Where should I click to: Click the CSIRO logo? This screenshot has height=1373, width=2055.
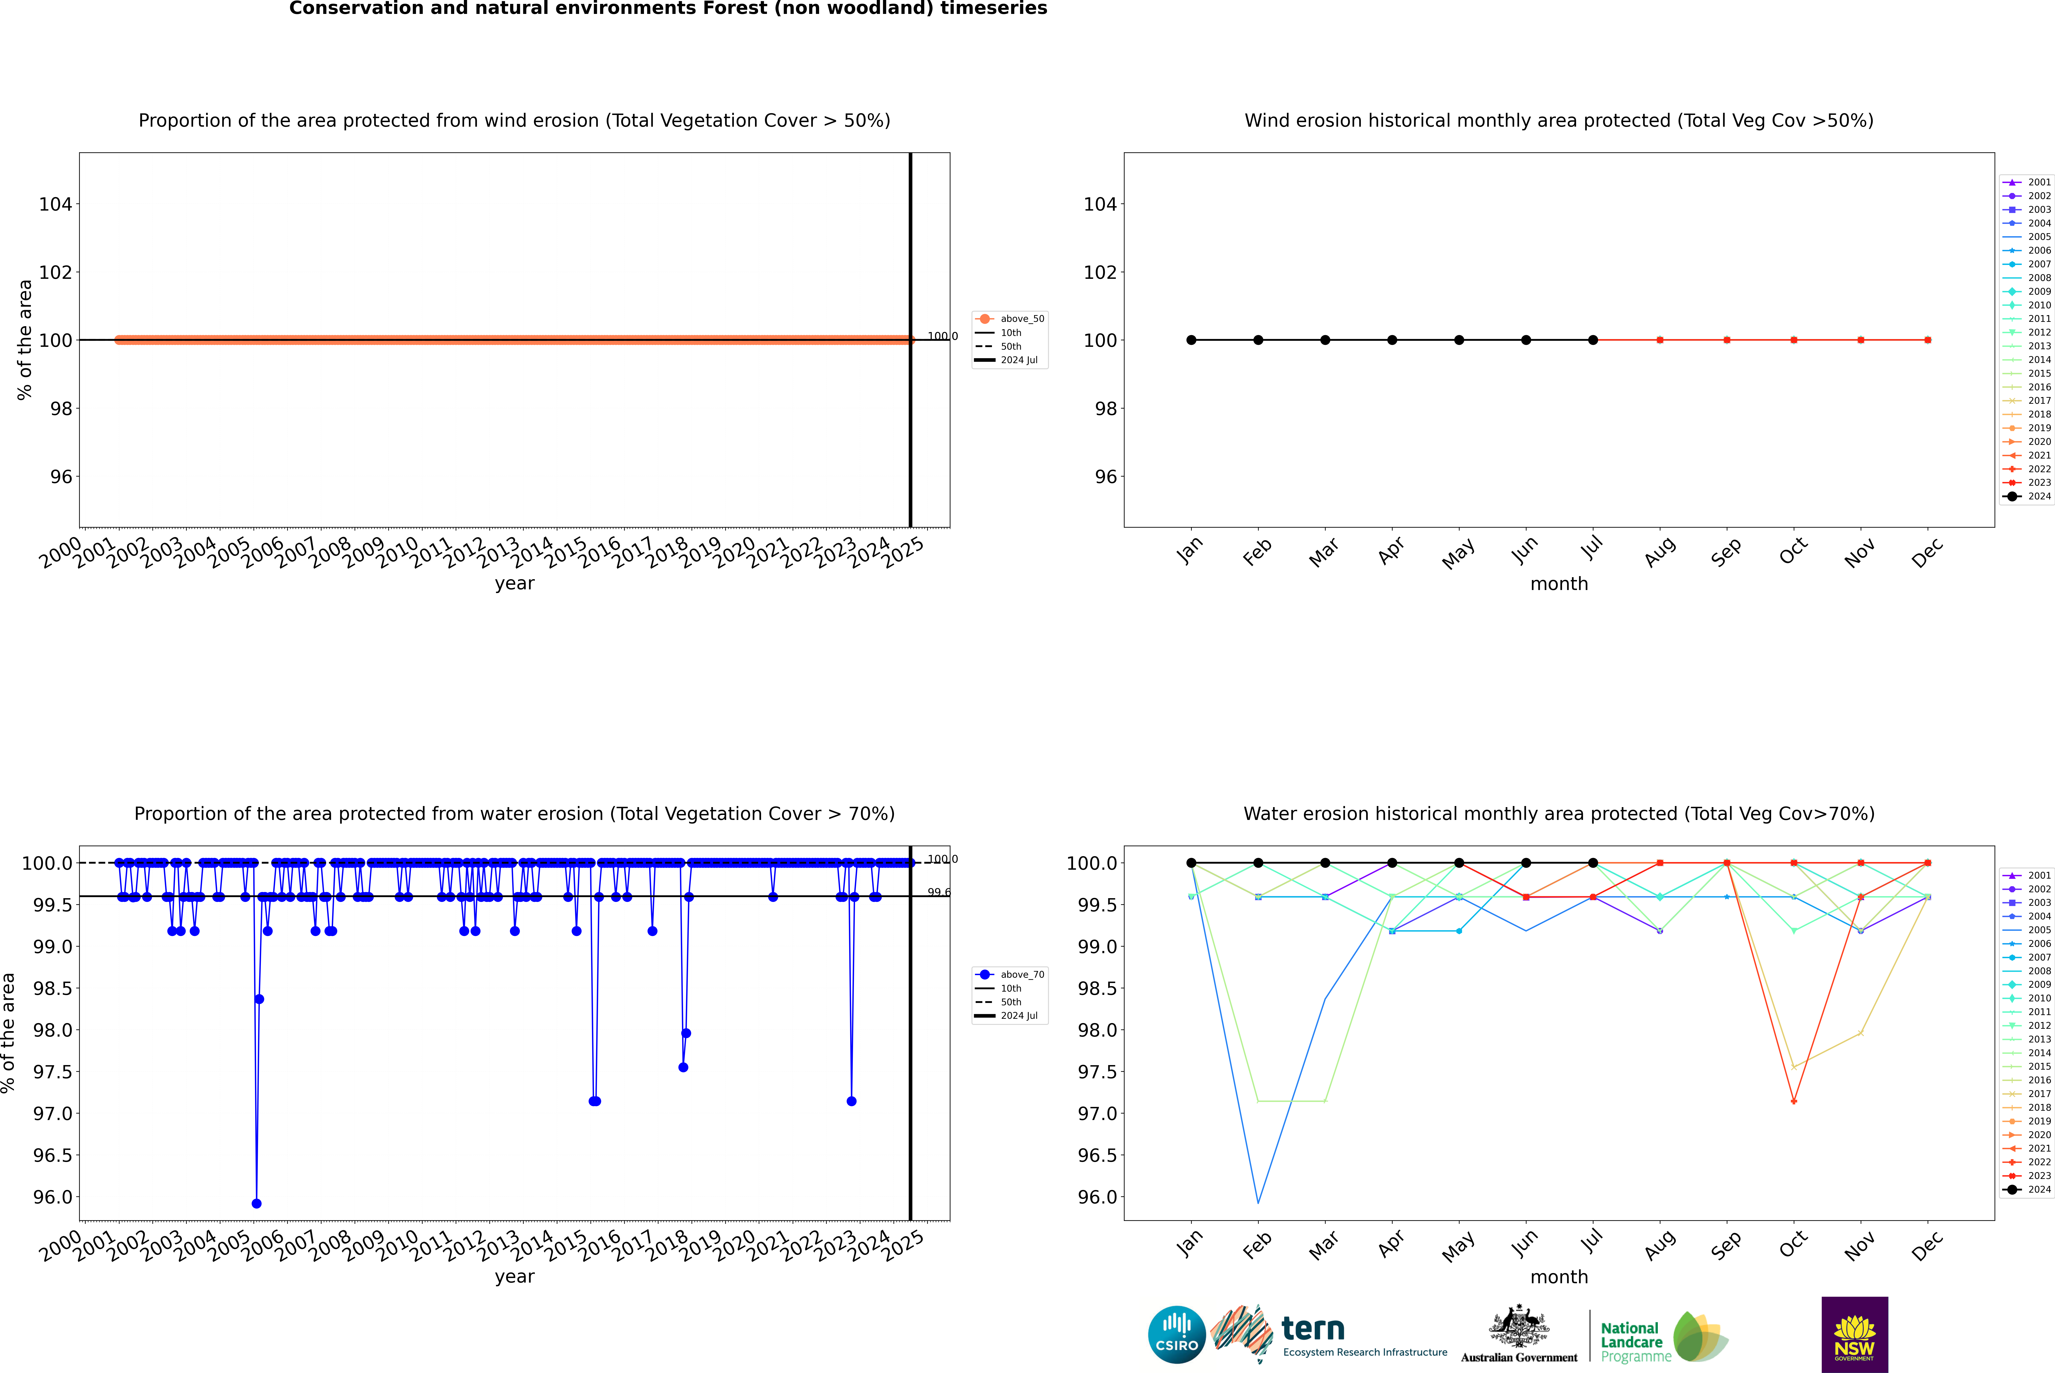point(1177,1335)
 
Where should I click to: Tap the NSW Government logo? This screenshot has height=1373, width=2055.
point(1854,1335)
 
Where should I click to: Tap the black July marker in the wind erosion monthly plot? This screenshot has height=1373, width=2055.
point(1592,340)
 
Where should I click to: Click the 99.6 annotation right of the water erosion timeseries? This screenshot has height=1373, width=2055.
point(938,892)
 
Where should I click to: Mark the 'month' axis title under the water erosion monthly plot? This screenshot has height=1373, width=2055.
point(1558,1277)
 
